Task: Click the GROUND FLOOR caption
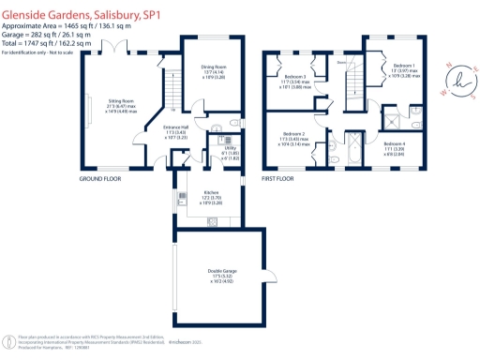tap(102, 178)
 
